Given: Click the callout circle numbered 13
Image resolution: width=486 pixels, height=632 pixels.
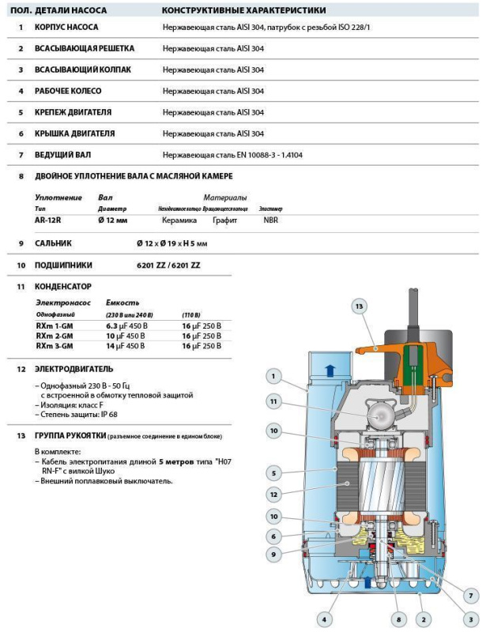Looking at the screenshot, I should click(x=359, y=306).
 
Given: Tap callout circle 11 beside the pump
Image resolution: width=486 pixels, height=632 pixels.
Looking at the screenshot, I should click(x=272, y=402).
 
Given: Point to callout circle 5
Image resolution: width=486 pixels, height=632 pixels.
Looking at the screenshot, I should click(x=272, y=473).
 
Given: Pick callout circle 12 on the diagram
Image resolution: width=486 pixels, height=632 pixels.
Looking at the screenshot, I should click(x=272, y=495).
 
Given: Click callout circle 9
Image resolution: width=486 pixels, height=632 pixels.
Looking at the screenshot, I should click(x=272, y=555).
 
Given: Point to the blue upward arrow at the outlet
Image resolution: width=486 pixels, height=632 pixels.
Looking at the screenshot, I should click(x=330, y=367).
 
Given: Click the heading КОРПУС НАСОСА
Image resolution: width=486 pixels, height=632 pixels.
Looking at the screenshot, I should click(x=66, y=27).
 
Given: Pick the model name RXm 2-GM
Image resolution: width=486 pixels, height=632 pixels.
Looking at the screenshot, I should click(x=55, y=336).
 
